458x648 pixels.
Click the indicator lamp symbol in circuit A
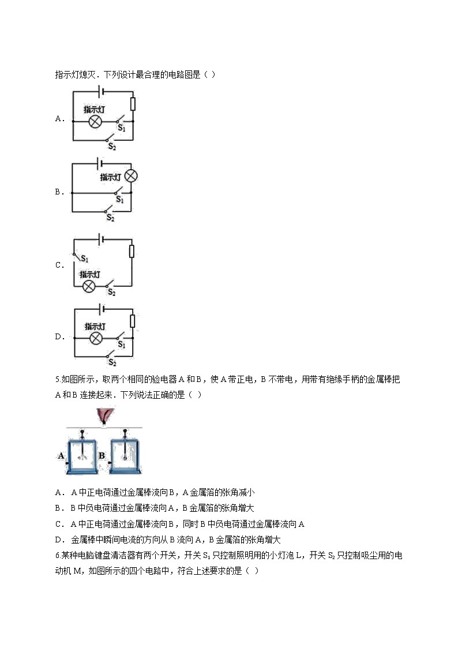coord(95,122)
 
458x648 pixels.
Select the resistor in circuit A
coord(133,103)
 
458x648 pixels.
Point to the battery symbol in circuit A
coord(102,91)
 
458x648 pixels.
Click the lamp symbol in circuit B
coord(131,176)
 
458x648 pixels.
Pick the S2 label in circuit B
coord(110,218)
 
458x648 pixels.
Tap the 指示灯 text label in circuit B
coord(110,177)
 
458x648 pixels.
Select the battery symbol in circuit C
coord(102,239)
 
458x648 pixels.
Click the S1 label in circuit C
coord(84,259)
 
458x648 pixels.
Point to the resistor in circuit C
coord(132,251)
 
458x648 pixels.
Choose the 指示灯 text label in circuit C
coord(90,274)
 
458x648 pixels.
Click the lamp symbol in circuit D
coord(96,337)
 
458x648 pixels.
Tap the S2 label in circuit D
coord(112,362)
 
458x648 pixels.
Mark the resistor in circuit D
coord(133,321)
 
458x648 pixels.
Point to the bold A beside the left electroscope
coord(61,455)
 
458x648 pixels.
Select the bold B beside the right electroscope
coord(101,455)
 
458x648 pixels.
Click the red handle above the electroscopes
coord(104,416)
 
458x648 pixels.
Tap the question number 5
coord(58,380)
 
